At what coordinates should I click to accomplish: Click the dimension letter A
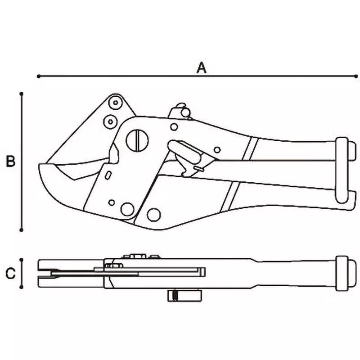pos(202,67)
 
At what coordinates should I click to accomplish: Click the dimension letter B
pos(11,161)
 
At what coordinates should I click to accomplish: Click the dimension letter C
pos(11,273)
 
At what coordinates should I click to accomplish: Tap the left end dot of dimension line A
pos(39,76)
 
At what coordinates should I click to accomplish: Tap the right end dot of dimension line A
pos(355,76)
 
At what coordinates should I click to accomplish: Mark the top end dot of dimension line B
pos(22,94)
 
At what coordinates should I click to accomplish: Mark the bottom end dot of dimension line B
pos(22,230)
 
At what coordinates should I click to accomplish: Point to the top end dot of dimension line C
pos(22,259)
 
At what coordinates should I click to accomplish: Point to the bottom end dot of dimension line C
pos(22,287)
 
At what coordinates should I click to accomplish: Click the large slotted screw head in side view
pos(137,140)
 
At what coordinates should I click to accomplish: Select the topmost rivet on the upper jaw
pos(115,103)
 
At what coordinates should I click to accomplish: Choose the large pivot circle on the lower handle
pos(154,215)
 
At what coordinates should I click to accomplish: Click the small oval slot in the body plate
pos(108,175)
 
